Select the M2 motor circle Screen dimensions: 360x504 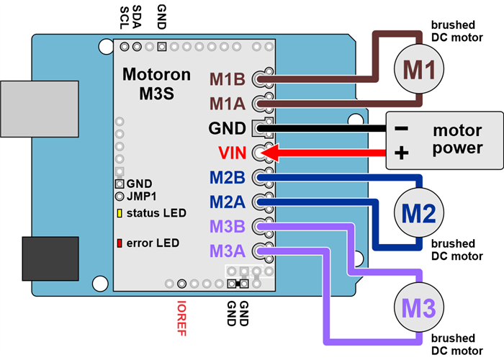(x=419, y=213)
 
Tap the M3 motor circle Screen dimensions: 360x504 (x=419, y=309)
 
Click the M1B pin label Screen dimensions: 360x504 (x=228, y=78)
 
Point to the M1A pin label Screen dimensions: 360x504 (x=228, y=104)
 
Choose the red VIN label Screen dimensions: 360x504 (x=232, y=153)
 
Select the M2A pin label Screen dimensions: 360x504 (x=228, y=202)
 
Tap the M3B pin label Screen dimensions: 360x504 (x=228, y=227)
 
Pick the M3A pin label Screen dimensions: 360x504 (x=228, y=251)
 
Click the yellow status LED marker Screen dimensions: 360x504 (x=119, y=213)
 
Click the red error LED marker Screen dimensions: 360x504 (x=119, y=243)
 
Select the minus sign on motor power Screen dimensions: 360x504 (x=402, y=130)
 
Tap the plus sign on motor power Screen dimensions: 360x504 (x=402, y=153)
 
